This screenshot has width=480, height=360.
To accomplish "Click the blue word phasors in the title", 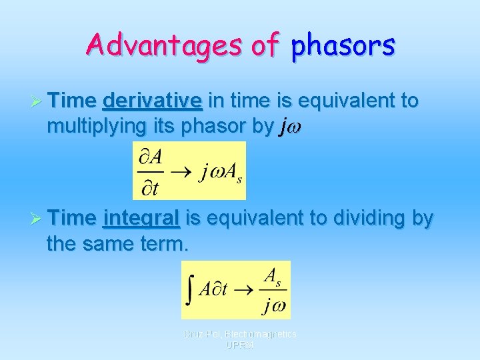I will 344,45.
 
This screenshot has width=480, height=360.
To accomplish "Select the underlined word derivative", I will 153,101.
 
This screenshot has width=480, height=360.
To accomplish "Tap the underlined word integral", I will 142,218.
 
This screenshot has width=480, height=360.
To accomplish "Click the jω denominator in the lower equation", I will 273,305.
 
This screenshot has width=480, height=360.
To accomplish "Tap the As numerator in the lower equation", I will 273,276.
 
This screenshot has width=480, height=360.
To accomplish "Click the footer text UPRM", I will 239,345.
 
